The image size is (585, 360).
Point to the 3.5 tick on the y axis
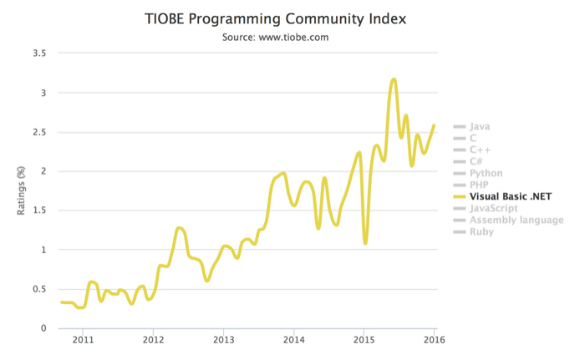[x=38, y=53]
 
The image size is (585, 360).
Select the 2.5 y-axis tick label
[x=38, y=132]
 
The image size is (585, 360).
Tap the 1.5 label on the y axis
[x=38, y=210]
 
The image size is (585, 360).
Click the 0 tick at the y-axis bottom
[x=43, y=328]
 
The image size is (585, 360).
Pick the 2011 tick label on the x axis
[x=82, y=340]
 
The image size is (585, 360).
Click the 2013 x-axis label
[x=223, y=340]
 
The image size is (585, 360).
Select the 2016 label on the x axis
[x=434, y=340]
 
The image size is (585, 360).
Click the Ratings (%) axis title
[x=22, y=190]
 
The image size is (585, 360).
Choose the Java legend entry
[x=480, y=127]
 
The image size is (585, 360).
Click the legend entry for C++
[x=480, y=150]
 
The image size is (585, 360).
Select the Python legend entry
[x=486, y=174]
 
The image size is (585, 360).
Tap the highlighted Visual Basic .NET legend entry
[x=511, y=197]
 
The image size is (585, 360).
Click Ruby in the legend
[x=481, y=232]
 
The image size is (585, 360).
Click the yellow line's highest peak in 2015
[x=394, y=79]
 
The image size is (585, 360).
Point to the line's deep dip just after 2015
[x=365, y=242]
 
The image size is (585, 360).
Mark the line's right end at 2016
[x=434, y=125]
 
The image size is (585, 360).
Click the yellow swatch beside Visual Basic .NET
[x=459, y=197]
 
